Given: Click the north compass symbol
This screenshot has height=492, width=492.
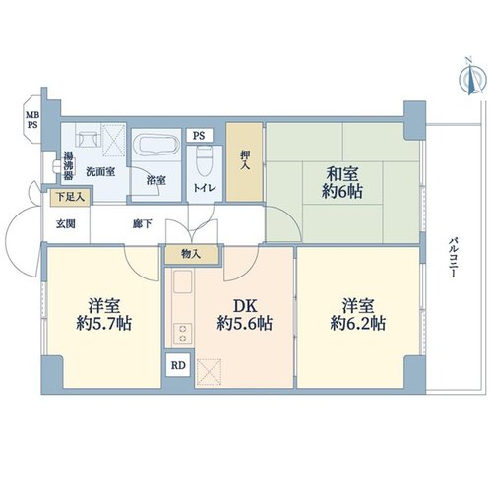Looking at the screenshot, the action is tap(471, 78).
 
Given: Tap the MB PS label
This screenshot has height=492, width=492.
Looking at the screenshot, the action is tap(32, 120).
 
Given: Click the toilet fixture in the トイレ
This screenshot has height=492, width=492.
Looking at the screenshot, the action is tap(205, 160).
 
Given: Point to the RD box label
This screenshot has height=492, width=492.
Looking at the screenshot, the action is tap(178, 365).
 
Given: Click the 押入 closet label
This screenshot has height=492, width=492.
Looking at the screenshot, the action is tap(245, 160).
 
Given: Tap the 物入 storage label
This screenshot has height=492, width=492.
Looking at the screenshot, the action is tap(191, 254).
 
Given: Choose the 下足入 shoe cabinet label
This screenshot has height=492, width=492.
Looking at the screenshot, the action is tap(70, 197).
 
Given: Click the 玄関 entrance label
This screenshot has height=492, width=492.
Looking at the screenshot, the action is tap(66, 224).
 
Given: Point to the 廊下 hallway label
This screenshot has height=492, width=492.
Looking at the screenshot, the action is tap(143, 224).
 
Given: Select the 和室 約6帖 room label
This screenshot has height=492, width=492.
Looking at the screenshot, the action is tap(342, 183).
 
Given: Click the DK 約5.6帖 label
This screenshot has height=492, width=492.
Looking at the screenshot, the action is tap(244, 315).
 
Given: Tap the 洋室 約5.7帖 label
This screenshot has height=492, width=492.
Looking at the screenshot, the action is tap(104, 314).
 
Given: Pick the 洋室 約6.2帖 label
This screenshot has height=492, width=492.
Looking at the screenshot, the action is tap(358, 314).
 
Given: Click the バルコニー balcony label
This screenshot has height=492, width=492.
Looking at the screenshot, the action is tap(453, 258).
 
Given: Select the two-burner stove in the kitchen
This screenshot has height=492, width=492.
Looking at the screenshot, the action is tap(182, 334).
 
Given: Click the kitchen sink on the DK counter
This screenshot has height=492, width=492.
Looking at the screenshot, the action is tap(182, 281).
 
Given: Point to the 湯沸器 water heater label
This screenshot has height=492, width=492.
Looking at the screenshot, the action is tap(68, 165).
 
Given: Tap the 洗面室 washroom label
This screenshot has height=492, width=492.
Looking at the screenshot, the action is tap(100, 171).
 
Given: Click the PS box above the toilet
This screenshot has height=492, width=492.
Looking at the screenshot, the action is tap(200, 135).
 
